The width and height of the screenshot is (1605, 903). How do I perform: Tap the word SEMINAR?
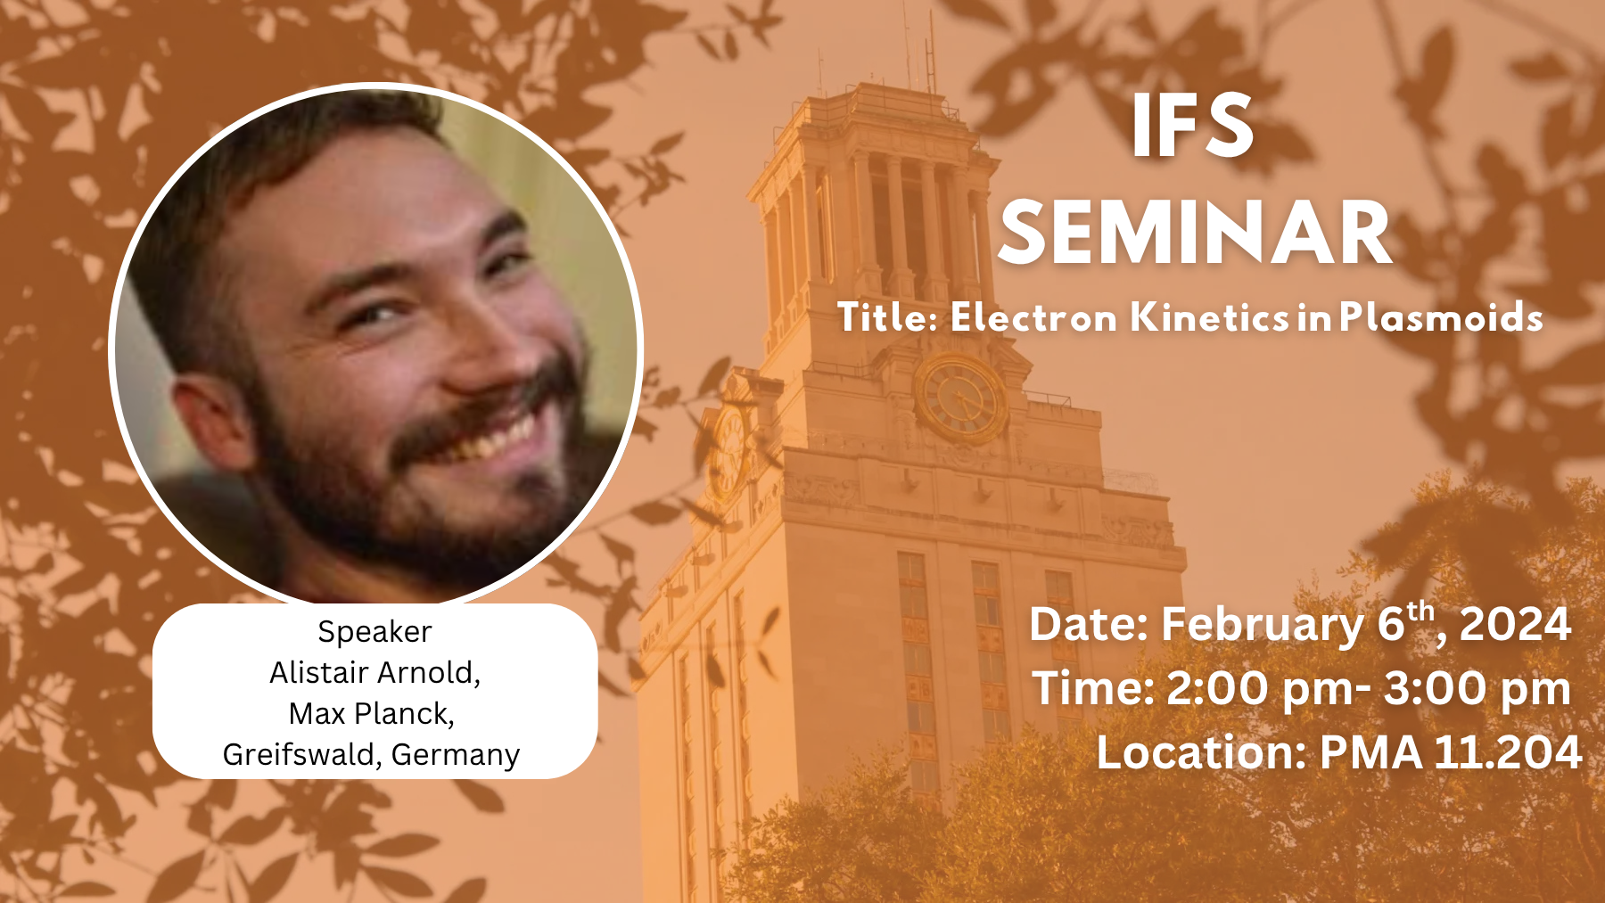[1195, 234]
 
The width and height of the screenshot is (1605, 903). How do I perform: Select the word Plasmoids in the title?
[1441, 317]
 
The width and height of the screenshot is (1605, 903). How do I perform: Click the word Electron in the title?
[1033, 317]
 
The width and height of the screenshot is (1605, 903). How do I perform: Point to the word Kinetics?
[1210, 317]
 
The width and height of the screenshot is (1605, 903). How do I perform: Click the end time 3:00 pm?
[1477, 689]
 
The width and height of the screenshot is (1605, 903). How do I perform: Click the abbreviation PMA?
[1370, 752]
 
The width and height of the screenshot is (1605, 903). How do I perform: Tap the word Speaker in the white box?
[374, 632]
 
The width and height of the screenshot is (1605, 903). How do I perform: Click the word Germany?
[455, 755]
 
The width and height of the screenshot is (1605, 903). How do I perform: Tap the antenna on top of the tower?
[930, 53]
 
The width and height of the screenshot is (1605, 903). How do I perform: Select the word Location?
[1200, 752]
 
